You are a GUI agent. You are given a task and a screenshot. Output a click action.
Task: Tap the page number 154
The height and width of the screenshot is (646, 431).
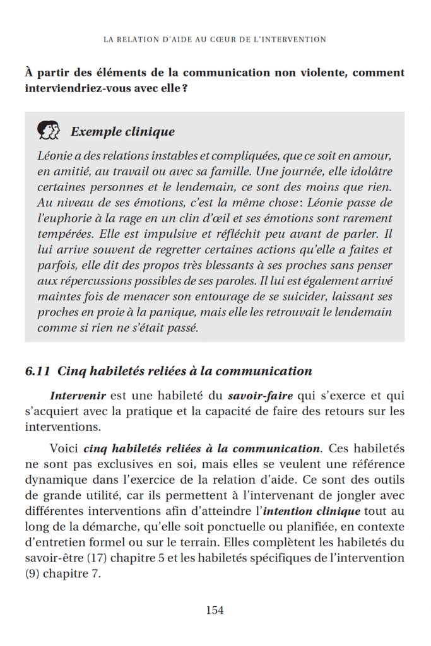[x=215, y=610]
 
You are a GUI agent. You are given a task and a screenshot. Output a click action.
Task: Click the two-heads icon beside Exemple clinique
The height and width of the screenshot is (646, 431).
[x=49, y=131]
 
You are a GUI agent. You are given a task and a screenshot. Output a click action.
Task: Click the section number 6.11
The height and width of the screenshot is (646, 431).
[x=38, y=371]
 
